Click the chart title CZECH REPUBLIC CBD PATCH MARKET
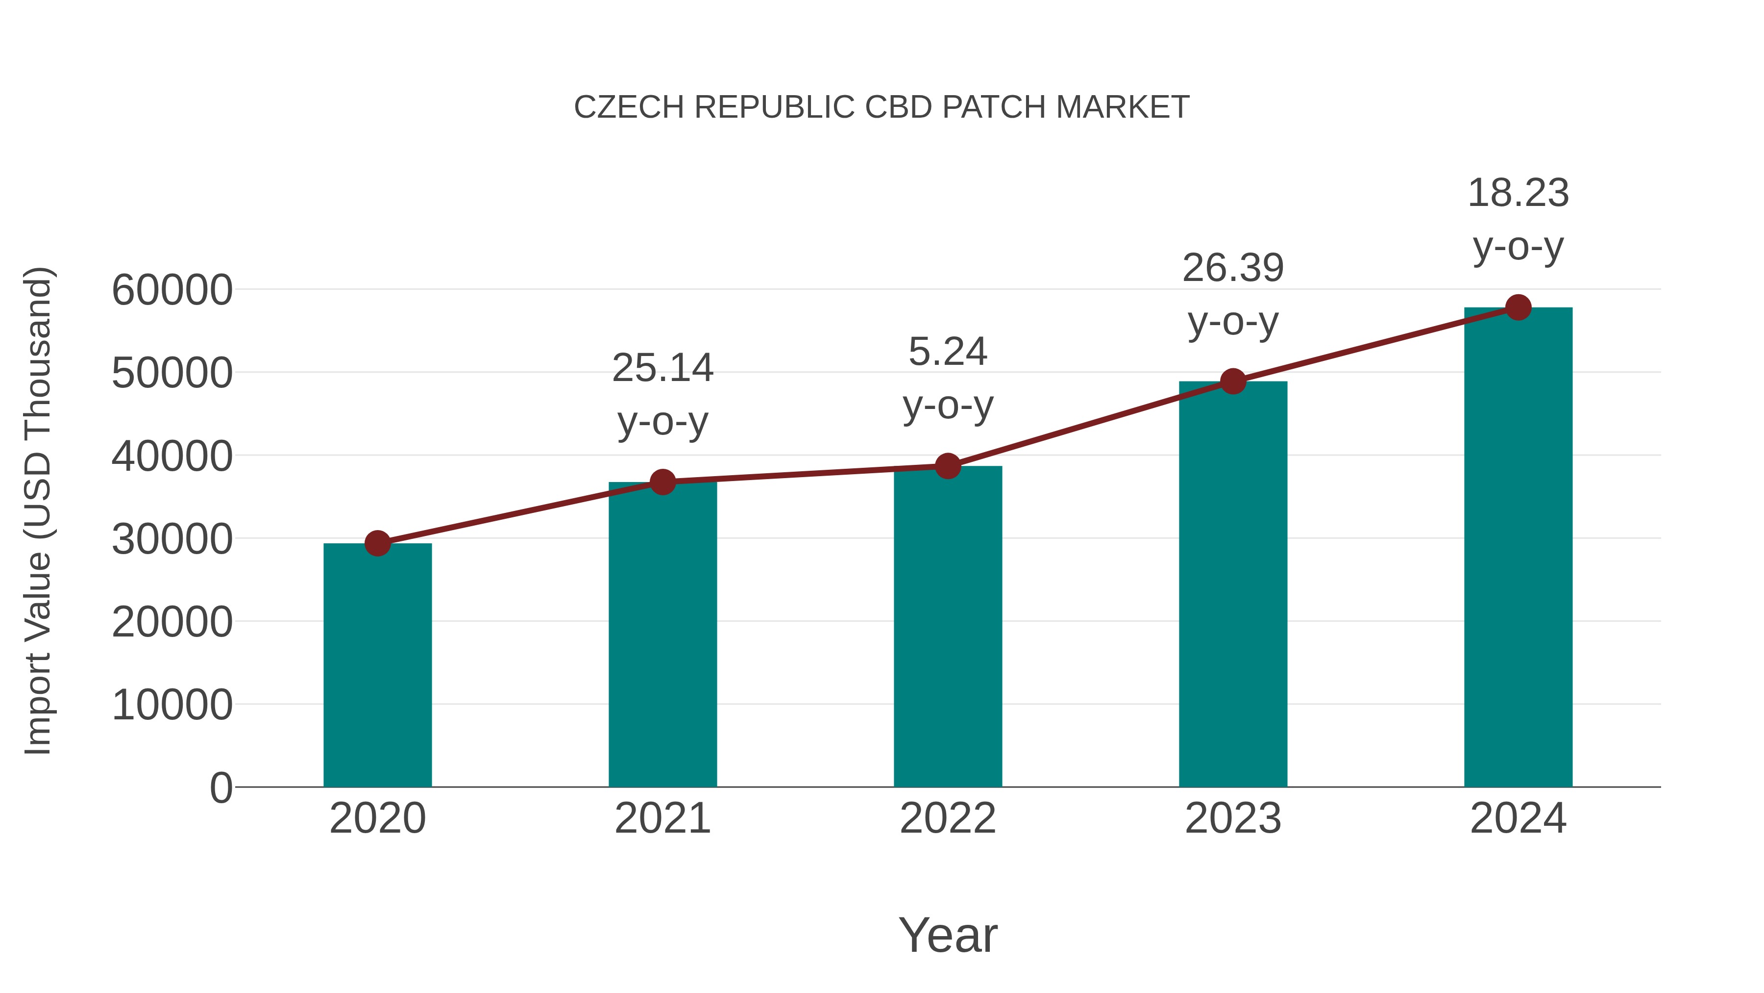point(882,107)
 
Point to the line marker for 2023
point(1233,382)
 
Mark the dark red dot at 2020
point(377,543)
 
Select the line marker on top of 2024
point(1518,307)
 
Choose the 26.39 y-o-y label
point(1233,294)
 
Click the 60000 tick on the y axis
point(172,290)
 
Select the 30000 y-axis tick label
point(172,539)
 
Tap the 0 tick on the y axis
point(220,788)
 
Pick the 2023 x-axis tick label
point(1233,818)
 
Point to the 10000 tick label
point(172,705)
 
